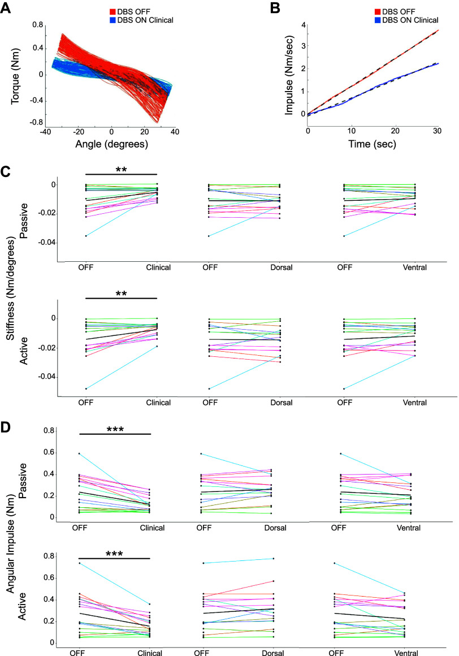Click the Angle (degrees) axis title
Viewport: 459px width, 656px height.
click(111, 144)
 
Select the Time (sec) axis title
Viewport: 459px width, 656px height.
click(372, 144)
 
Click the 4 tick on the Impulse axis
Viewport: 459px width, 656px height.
click(303, 25)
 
